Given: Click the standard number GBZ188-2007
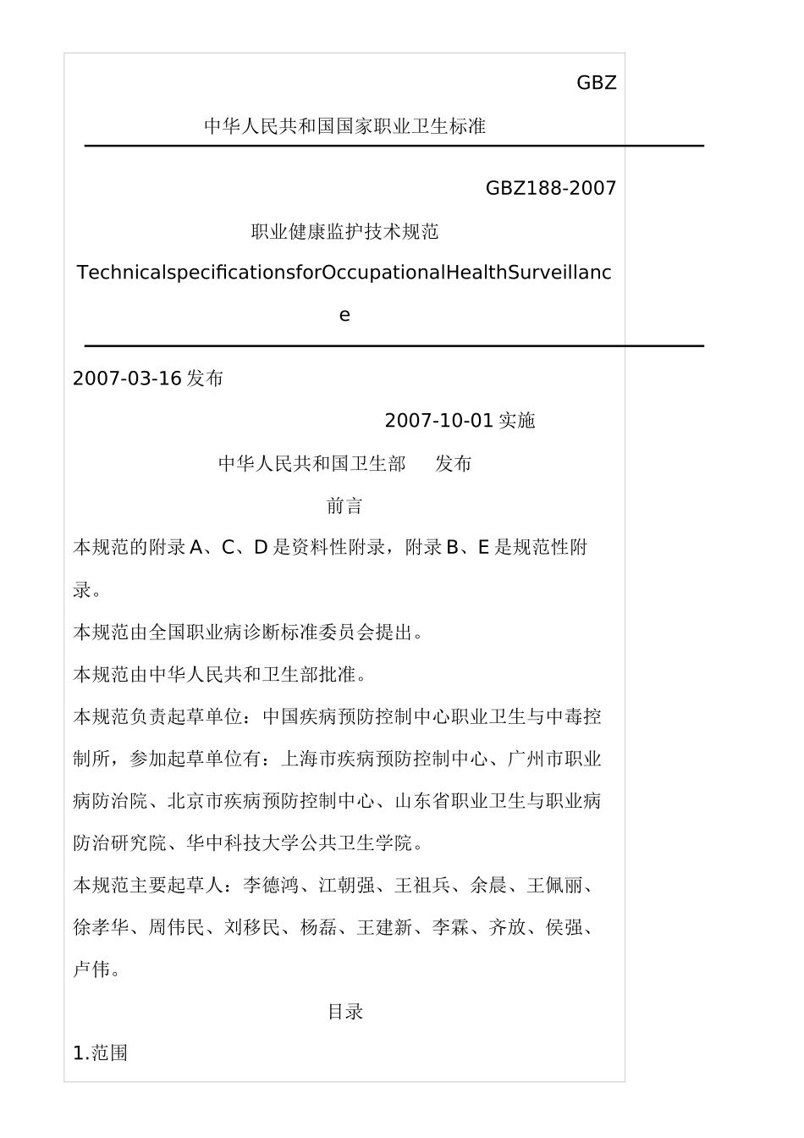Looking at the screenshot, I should (x=551, y=188).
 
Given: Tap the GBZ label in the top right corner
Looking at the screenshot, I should (x=596, y=83).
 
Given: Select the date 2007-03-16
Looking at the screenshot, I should (x=127, y=378).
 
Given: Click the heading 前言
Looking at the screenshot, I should (x=344, y=505).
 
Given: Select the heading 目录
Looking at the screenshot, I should (x=344, y=1011).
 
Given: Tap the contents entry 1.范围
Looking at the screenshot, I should (x=101, y=1053).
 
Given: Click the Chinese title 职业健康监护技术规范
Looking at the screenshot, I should (x=344, y=231).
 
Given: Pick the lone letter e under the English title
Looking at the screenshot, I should (x=344, y=315).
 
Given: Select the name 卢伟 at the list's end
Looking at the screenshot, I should (x=91, y=970).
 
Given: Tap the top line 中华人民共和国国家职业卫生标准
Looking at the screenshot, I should (x=344, y=126).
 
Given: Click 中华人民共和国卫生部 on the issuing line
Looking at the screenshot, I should (x=311, y=463).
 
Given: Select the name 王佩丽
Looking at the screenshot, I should (x=554, y=886).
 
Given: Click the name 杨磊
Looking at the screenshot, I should (x=318, y=928).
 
